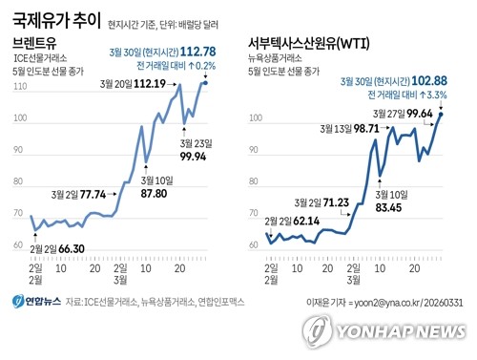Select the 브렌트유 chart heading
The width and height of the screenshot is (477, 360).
pos(36,44)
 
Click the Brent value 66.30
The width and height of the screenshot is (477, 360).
pos(72,248)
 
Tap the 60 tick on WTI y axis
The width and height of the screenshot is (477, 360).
pos(255,245)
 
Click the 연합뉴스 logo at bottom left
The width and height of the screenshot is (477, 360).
pos(36,302)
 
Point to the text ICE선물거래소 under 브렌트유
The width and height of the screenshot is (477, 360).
pos(46,60)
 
